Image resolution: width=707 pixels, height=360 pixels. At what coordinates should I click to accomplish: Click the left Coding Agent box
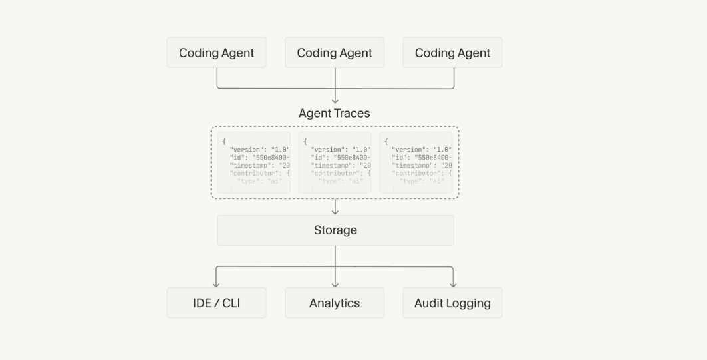216,53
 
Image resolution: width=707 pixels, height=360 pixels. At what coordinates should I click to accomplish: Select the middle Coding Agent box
335,53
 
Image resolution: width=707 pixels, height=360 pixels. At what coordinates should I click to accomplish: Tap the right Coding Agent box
452,53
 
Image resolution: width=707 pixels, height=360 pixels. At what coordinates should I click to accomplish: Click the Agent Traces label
335,113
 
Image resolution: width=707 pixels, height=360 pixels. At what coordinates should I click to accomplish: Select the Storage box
335,230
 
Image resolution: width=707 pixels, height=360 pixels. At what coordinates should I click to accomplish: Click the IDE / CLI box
216,303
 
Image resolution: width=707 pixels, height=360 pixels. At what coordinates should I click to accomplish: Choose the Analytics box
335,303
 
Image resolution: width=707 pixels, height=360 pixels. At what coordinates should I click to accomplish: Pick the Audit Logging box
452,303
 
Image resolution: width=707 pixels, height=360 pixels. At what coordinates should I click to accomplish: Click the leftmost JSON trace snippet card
254,163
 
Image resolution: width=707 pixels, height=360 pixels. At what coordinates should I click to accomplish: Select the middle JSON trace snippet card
335,163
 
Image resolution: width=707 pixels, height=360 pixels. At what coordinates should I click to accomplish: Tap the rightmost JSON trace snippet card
416,163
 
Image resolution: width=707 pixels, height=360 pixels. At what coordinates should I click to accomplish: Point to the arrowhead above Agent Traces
335,100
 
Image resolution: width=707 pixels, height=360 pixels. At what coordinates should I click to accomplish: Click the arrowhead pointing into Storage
335,211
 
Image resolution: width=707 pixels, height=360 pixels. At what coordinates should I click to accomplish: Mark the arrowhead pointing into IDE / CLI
216,284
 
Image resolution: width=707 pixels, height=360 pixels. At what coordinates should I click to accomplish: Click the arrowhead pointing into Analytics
335,284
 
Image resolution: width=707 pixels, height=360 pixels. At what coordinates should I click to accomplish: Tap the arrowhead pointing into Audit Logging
453,284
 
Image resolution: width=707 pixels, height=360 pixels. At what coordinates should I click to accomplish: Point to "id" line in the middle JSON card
340,157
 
